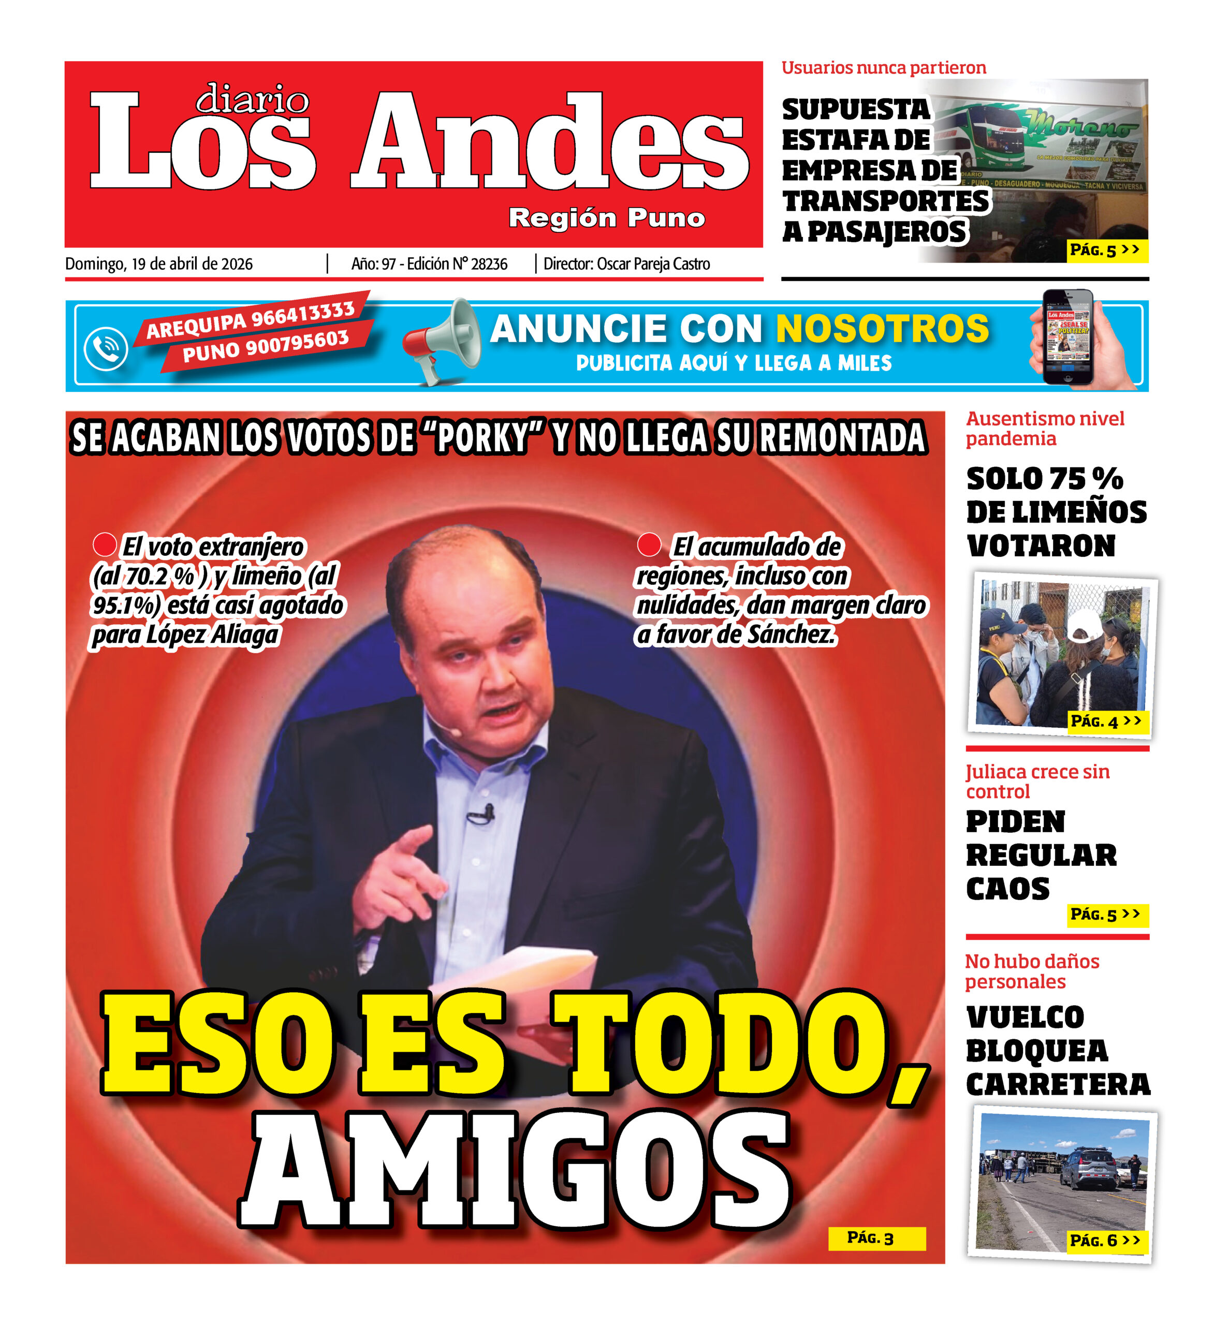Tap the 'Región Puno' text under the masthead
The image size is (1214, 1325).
[607, 217]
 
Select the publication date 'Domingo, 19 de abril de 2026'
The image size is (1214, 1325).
[158, 264]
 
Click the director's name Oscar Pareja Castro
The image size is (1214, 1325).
[653, 264]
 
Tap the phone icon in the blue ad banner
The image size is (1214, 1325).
[106, 348]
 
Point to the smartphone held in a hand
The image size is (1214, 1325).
[1068, 336]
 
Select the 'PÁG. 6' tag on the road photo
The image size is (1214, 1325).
[1105, 1240]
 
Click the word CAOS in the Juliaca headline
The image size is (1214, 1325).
[1007, 889]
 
